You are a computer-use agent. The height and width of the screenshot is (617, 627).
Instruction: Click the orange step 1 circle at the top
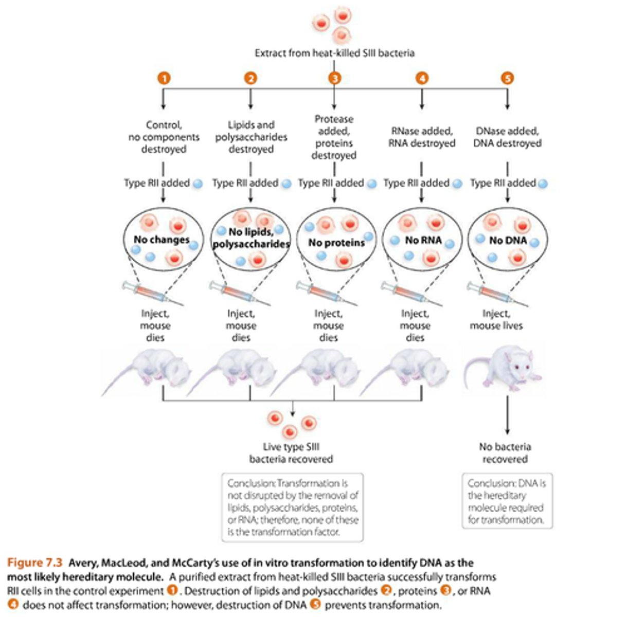click(164, 78)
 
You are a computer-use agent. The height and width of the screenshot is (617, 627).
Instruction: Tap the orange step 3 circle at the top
click(334, 78)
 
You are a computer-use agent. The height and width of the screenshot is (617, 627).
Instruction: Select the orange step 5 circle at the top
click(507, 78)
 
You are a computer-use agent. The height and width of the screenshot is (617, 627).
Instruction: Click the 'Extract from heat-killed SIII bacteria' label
click(334, 53)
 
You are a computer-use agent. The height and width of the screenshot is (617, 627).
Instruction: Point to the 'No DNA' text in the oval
click(508, 240)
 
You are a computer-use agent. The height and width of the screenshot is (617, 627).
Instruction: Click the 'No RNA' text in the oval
click(423, 240)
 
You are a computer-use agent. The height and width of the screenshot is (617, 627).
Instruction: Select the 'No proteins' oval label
click(336, 243)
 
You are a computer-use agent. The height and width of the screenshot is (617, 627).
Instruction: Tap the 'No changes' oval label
click(162, 240)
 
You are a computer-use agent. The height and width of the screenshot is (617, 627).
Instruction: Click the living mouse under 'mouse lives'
click(503, 369)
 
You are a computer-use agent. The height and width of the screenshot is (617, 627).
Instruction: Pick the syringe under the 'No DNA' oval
click(497, 294)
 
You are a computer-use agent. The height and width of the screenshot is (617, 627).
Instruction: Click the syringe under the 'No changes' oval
click(153, 294)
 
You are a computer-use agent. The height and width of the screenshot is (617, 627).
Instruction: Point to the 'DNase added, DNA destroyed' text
click(507, 137)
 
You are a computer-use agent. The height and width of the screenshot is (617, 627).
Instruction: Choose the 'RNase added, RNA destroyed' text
click(422, 137)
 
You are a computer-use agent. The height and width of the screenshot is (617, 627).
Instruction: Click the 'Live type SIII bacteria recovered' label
click(291, 453)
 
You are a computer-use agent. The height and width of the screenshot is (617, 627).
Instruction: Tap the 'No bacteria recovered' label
click(505, 453)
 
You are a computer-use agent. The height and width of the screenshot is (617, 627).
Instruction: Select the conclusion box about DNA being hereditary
click(507, 501)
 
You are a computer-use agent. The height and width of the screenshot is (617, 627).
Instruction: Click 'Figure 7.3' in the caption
click(34, 562)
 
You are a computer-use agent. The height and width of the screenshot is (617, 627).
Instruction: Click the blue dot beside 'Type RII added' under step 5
click(543, 184)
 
